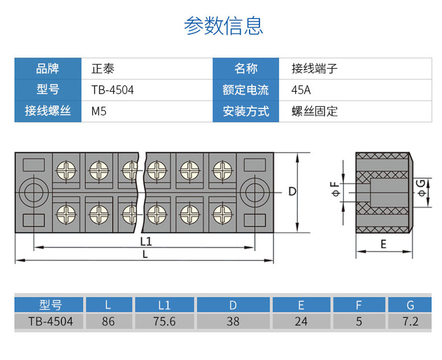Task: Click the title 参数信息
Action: click(223, 26)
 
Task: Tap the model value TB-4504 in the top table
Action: click(112, 90)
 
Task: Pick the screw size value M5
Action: click(99, 111)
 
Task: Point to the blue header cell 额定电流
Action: click(246, 90)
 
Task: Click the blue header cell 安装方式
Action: click(246, 111)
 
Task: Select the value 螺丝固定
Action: click(315, 111)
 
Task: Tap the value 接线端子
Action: click(315, 69)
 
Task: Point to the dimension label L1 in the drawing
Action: click(146, 241)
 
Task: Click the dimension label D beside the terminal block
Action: click(292, 192)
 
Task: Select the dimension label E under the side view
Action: click(383, 244)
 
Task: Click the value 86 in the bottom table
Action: click(109, 321)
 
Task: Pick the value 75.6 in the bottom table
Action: click(164, 321)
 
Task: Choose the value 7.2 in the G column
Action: click(411, 321)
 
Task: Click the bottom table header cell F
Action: click(359, 305)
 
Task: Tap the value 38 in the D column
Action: click(233, 321)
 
